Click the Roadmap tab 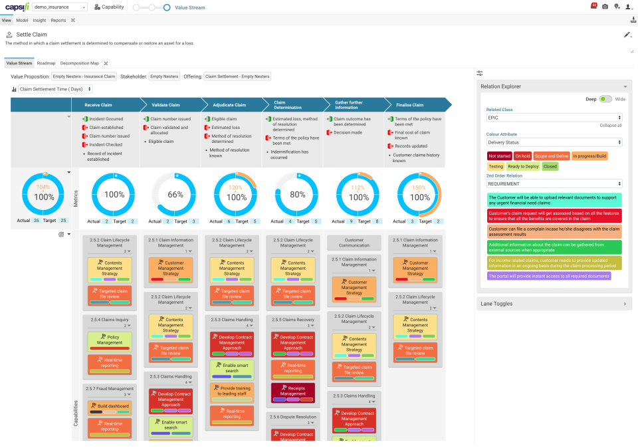click(x=46, y=63)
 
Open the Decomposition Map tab click(x=79, y=63)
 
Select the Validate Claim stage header click(x=165, y=104)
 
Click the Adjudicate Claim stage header click(x=229, y=104)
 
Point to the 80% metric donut click(x=297, y=195)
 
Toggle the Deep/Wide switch click(x=605, y=98)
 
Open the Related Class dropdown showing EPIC click(x=554, y=117)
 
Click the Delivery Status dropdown click(x=554, y=142)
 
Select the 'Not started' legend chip click(x=499, y=156)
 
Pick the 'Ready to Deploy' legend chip click(x=524, y=167)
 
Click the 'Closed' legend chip click(x=550, y=167)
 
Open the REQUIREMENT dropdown click(x=554, y=183)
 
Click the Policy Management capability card click(x=110, y=341)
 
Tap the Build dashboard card click(x=110, y=406)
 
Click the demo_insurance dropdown click(x=60, y=7)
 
